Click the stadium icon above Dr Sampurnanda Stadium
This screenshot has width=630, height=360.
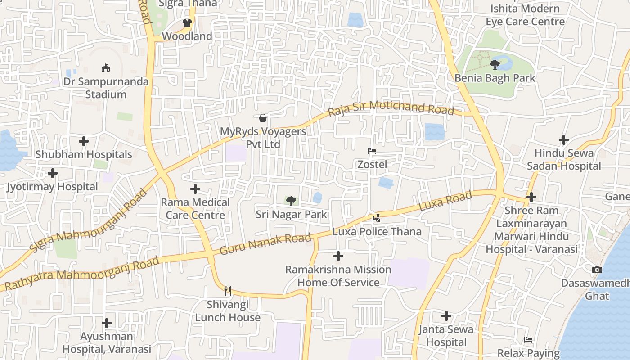tap(106, 68)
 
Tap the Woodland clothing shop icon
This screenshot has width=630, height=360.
tap(187, 23)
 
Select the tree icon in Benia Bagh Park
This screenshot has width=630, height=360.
tap(495, 65)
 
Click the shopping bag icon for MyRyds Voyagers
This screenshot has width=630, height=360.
tap(263, 118)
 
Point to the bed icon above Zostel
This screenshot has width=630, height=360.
tap(372, 151)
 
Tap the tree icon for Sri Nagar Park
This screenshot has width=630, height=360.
tap(291, 201)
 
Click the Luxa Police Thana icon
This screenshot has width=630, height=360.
tap(377, 219)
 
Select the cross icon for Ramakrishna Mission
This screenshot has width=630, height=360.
tap(338, 256)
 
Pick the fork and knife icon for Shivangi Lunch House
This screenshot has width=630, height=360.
tap(228, 291)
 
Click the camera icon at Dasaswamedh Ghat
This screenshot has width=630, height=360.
tap(597, 270)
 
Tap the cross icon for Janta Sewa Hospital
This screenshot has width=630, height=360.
tap(446, 316)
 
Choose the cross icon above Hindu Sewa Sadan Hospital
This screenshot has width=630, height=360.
tap(563, 140)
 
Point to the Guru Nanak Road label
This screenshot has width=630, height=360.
tap(265, 245)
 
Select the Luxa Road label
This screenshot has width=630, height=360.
tap(445, 201)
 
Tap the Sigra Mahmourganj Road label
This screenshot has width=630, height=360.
tap(89, 220)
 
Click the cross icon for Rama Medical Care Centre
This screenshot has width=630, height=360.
tap(195, 189)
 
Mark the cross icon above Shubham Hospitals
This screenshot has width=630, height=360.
tap(84, 141)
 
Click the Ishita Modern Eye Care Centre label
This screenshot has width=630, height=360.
tap(525, 15)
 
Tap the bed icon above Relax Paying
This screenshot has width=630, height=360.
tap(529, 340)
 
